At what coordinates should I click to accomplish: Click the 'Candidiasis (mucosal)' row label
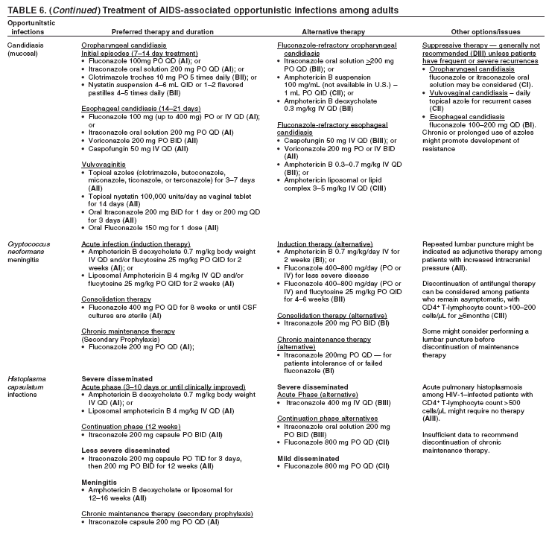(x=26, y=49)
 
